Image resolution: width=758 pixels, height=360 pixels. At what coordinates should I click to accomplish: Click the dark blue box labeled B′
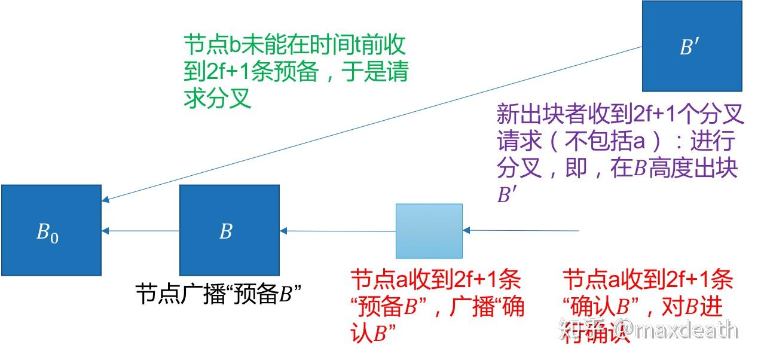point(692,46)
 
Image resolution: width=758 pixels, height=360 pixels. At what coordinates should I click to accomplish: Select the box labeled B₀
point(51,230)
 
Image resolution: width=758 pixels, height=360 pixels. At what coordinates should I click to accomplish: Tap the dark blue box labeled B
point(229,230)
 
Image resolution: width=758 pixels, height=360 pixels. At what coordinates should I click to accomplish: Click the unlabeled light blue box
point(429,231)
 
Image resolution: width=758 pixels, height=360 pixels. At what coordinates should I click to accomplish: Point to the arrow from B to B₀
point(141,231)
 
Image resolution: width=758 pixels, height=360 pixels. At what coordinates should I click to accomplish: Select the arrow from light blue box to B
point(338,231)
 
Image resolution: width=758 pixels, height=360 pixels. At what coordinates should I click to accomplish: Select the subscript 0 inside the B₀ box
point(54,237)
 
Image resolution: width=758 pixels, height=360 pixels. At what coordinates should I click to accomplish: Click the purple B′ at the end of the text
point(506,195)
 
